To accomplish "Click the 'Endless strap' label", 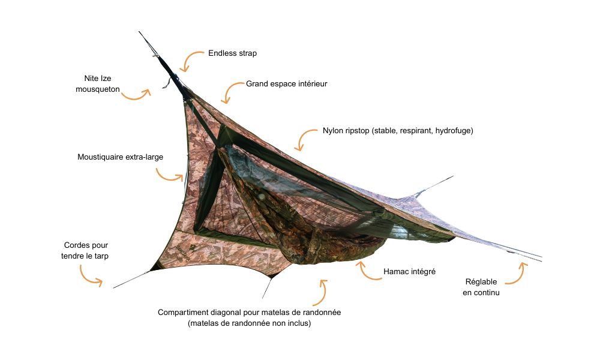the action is tap(232, 53).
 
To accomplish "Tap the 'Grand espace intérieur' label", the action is tap(286, 84).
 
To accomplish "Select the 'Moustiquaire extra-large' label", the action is tap(120, 157).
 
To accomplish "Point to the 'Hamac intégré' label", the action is tap(409, 272).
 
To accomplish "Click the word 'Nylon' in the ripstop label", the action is tap(333, 131).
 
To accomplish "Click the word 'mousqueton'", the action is tap(98, 89).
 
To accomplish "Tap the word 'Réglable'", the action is tap(481, 282).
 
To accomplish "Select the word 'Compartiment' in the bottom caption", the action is tap(182, 312).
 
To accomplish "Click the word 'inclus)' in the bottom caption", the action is tap(299, 323).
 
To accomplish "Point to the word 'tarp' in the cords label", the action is tap(101, 256).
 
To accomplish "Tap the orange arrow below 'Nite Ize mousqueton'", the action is tap(136, 94).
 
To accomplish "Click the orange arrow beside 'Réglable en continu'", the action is tap(517, 273).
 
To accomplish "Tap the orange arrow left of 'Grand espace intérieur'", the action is tap(232, 92).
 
